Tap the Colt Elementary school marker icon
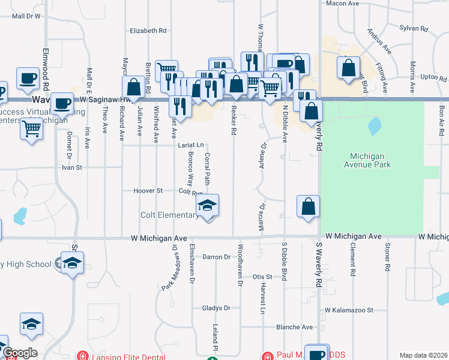pos(207,206)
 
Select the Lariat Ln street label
pos(191,145)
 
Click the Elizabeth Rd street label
pos(148,31)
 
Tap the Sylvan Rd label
pos(414,28)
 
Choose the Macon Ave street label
pos(342,4)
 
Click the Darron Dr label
pos(217,257)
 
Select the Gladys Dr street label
pos(216,308)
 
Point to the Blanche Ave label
pos(294,328)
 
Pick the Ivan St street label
pos(71,168)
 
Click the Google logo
pos(19,353)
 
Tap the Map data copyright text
pos(424,355)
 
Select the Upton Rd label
pos(433,78)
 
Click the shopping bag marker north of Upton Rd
pos(348,68)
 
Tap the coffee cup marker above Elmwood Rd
pos(28,79)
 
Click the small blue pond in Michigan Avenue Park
pos(374,125)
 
